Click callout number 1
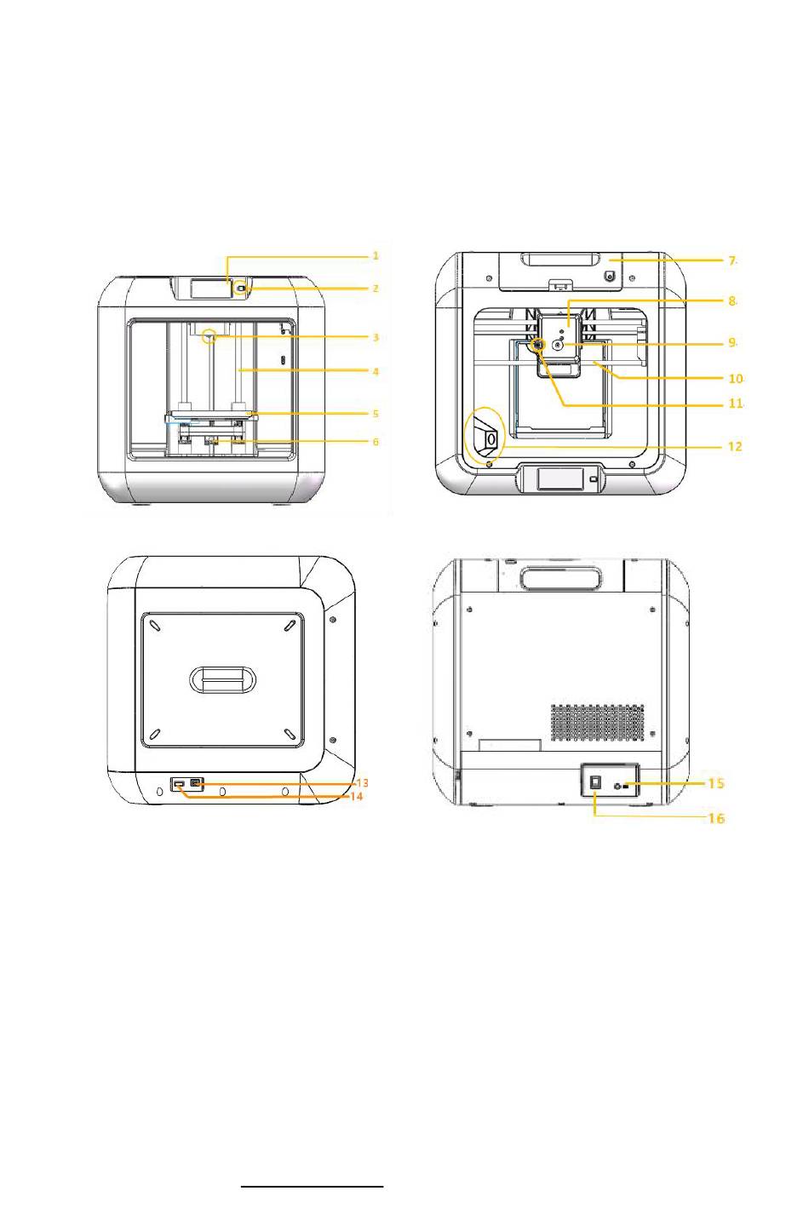click(376, 255)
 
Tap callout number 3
click(376, 338)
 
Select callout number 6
click(376, 442)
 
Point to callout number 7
click(732, 260)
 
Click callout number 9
click(732, 342)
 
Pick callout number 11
click(736, 404)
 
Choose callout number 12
click(735, 447)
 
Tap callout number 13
click(363, 782)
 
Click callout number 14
click(357, 796)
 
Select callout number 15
click(715, 783)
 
